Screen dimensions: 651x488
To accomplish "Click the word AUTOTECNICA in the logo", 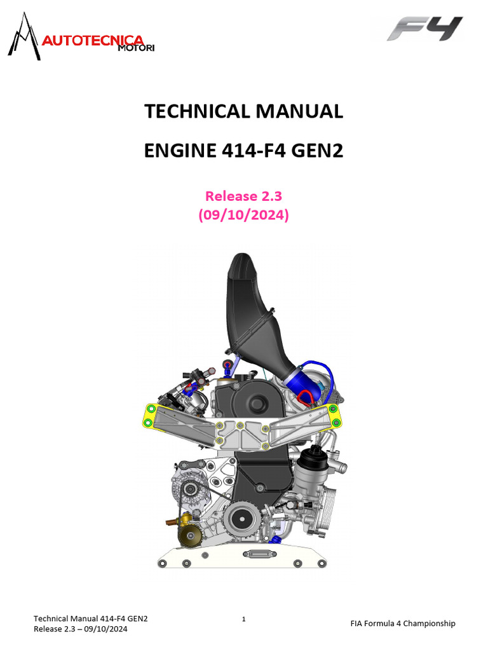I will [x=92, y=41].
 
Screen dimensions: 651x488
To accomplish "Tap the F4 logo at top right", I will [x=425, y=29].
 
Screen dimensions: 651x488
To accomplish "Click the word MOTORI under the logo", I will [x=136, y=49].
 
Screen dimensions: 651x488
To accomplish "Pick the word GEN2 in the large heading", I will [x=313, y=152].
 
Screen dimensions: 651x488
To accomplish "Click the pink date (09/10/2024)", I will [x=244, y=216].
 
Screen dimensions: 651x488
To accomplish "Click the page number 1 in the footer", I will [x=244, y=618].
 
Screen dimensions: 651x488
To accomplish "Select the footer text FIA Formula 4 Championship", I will [x=403, y=624].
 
